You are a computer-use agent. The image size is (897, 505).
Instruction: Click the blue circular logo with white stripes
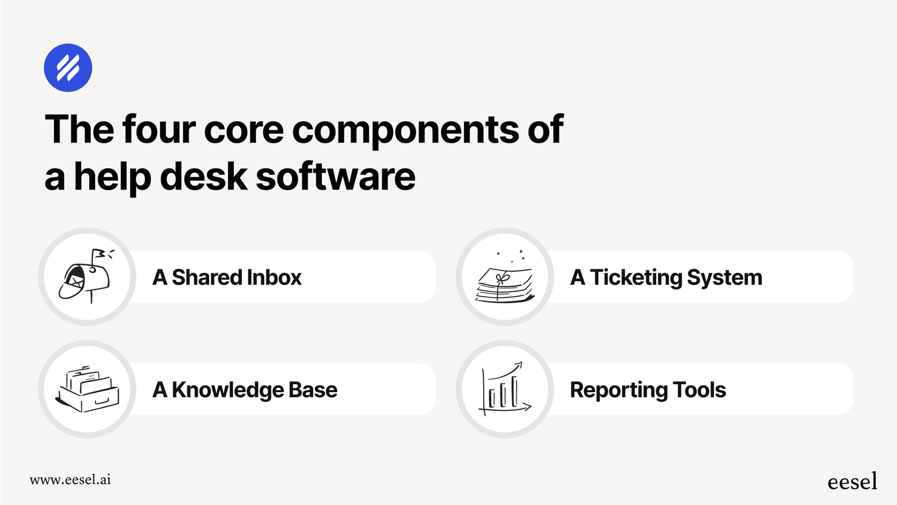pos(68,68)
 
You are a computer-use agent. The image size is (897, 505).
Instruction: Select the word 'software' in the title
pos(335,177)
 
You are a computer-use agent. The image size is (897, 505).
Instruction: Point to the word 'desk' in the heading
pos(203,177)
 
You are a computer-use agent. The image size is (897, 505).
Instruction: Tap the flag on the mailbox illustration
pos(99,254)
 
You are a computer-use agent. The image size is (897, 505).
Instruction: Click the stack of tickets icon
pos(505,284)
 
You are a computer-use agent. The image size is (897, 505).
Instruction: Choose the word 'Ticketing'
pos(636,277)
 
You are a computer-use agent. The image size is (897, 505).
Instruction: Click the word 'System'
pos(724,277)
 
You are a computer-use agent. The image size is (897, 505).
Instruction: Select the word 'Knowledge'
pos(227,390)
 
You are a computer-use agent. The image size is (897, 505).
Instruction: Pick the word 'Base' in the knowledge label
pos(313,390)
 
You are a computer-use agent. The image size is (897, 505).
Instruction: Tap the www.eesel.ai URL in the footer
pos(70,479)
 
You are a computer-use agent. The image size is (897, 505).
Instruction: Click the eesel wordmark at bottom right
pos(852,481)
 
